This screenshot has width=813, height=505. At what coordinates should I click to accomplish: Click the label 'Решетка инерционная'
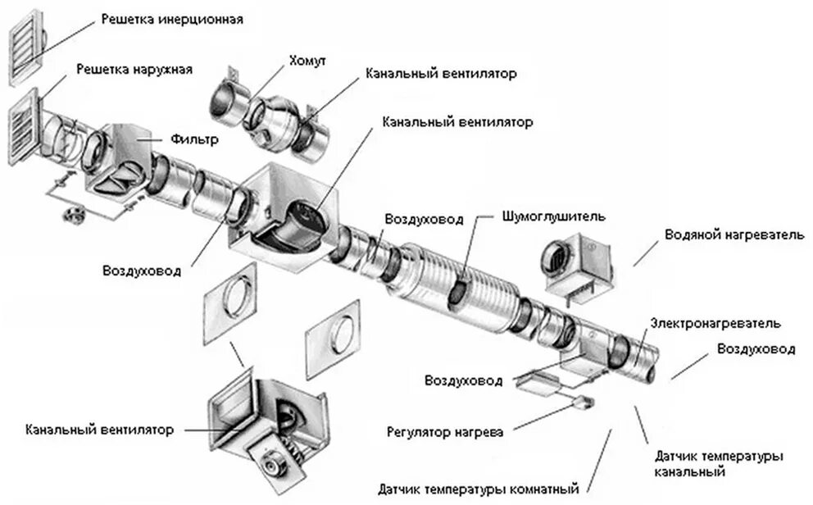coord(171,18)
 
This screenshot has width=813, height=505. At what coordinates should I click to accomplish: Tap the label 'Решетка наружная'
coord(134,70)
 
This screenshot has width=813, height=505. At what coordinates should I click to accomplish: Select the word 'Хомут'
coord(307,61)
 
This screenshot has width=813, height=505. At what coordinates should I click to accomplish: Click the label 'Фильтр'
coord(195,139)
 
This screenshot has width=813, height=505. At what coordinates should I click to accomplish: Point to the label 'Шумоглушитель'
coord(553,217)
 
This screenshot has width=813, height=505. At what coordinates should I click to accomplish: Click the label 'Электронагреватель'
coord(715,323)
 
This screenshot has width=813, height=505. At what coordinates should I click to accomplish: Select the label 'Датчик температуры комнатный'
coord(479,489)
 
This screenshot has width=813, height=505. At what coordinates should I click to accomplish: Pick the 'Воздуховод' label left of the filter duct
coord(142,271)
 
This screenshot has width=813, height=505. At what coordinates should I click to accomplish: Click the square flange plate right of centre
coord(333,338)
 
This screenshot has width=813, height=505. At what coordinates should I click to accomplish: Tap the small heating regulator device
coord(584,402)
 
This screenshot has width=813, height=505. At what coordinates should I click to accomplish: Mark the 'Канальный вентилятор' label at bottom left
coord(99,430)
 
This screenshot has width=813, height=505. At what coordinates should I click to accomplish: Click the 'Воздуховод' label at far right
coord(755,349)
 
